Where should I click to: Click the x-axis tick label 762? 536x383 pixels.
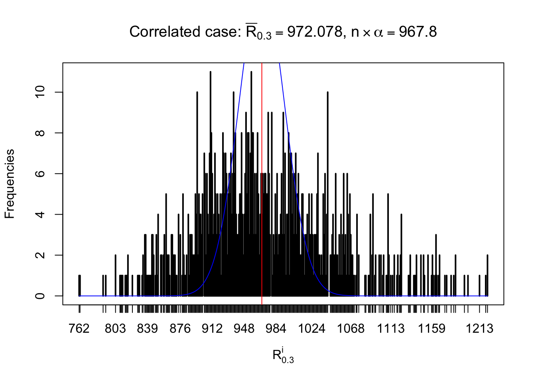(79, 329)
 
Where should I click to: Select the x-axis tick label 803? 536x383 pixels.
(115, 329)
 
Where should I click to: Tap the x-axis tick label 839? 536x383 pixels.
(148, 329)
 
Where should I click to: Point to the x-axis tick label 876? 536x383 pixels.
(180, 329)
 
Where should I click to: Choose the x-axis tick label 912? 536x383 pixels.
(212, 329)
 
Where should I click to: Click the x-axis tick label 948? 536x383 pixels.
(244, 329)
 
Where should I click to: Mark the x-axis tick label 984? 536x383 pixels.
(276, 329)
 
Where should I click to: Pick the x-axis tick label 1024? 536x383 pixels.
(312, 329)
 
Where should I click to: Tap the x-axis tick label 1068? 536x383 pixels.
(351, 329)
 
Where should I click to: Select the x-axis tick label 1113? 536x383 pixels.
(391, 329)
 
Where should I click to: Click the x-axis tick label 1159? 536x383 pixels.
(432, 329)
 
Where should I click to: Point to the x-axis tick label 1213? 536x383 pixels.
(480, 329)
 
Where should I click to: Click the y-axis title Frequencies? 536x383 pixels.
(10, 184)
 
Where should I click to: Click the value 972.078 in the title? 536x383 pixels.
(315, 32)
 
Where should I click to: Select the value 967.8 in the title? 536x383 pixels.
(418, 32)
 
